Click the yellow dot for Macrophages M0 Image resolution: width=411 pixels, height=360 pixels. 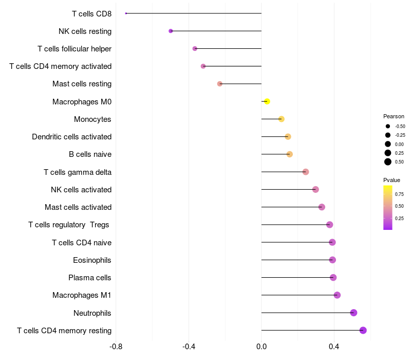point(267,102)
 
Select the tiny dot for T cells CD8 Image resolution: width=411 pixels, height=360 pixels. point(126,13)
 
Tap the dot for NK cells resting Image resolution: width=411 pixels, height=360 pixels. point(171,31)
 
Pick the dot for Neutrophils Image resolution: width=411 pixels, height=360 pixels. point(353,313)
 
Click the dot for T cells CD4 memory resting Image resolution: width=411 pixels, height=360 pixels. point(363,330)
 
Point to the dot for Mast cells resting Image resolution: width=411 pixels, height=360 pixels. point(220,84)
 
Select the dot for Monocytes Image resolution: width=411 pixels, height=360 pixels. point(281,119)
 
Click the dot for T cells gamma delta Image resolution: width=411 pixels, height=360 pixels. point(306,172)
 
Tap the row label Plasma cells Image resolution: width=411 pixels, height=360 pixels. point(89,278)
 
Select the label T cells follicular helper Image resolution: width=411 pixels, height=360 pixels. point(74,49)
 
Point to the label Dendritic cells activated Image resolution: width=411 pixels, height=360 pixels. point(71,137)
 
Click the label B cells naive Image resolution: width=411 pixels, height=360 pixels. point(90,154)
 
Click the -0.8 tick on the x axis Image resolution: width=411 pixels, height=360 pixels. point(116,346)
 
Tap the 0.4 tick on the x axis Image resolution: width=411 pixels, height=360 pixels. point(334,346)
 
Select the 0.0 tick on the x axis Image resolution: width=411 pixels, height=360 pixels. point(261,346)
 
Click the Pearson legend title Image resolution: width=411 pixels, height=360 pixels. point(394,116)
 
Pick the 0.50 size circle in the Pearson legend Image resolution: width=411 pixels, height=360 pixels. point(388,162)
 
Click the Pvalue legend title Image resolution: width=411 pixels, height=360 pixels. point(391,180)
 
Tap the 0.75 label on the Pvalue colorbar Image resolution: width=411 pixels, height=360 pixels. point(399,194)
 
